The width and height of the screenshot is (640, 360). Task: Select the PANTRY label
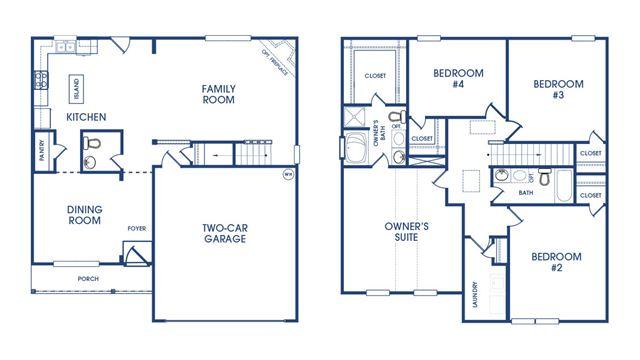tap(41, 150)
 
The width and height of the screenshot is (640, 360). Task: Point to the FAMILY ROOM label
tap(217, 94)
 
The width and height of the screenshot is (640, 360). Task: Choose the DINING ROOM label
tap(65, 215)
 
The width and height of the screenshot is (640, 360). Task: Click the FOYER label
tap(136, 228)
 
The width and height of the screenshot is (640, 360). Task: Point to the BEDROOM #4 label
tap(459, 78)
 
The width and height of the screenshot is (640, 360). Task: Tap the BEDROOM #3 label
tap(557, 90)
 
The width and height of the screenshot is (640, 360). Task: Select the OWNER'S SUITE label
tap(406, 232)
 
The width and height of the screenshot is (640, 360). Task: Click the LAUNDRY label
tap(475, 294)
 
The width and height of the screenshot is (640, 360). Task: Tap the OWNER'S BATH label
tap(376, 136)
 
